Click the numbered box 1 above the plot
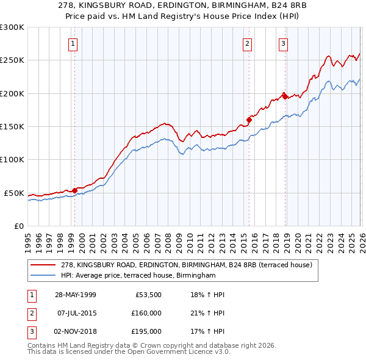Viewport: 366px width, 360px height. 73,43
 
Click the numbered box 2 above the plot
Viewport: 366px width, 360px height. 247,43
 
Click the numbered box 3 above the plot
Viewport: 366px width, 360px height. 283,43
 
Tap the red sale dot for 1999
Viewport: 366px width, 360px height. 75,190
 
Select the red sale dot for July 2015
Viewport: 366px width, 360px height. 249,120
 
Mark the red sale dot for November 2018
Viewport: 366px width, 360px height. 285,96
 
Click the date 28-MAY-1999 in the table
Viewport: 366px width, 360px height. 74,295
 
